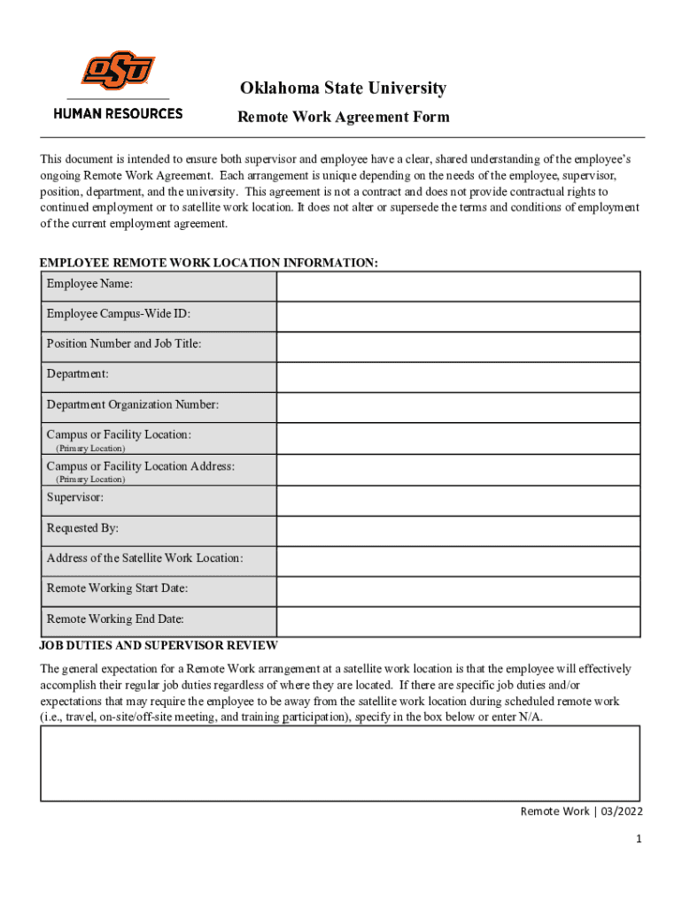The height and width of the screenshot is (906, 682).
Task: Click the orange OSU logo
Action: coord(118,70)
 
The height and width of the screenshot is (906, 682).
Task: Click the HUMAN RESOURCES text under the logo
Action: coord(118,113)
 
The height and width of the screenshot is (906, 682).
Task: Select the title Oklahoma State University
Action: coord(342,88)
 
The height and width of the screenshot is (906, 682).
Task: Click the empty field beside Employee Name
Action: coord(458,287)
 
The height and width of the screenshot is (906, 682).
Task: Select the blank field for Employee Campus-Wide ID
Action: coord(458,317)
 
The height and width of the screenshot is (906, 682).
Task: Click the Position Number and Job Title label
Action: coord(124,343)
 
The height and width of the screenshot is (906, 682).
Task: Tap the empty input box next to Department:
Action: coord(458,378)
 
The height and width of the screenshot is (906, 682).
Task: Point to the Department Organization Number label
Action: coord(132,404)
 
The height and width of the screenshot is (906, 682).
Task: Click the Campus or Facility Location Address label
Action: coord(140,466)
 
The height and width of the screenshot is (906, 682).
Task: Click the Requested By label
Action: coord(82,528)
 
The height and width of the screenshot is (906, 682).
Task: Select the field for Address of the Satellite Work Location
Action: coord(458,561)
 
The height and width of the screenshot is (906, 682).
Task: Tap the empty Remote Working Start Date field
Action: coord(458,591)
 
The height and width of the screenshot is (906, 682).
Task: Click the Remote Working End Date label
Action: coord(115,619)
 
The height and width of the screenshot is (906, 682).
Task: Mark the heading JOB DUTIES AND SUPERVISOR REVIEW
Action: coord(159,646)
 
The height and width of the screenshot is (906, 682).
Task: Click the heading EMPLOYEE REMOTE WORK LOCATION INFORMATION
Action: coord(209,264)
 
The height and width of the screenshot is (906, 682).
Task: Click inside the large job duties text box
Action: coord(340,763)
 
